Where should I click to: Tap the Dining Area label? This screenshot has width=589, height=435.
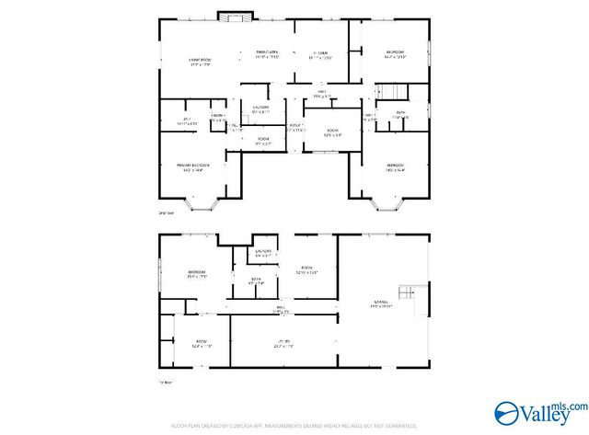(x=268, y=55)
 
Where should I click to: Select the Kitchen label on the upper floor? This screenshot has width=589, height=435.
(x=319, y=55)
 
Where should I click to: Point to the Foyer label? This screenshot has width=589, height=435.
(x=295, y=128)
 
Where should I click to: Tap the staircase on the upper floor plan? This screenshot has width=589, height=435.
(x=391, y=91)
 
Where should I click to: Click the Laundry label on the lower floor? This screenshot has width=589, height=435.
(x=262, y=252)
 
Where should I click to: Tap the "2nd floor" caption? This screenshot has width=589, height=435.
(x=167, y=212)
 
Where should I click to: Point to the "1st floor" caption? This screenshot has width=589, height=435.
(x=165, y=383)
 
